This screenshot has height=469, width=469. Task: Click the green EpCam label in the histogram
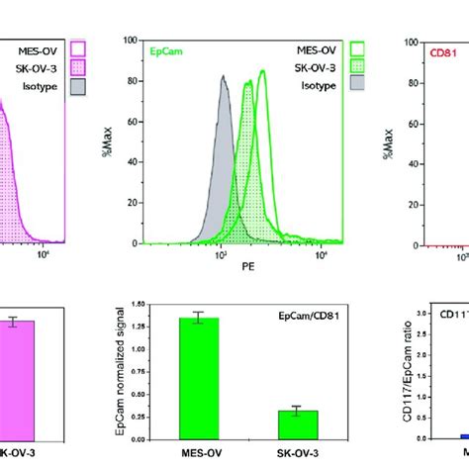(164, 46)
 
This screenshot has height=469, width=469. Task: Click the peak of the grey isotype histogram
(224, 75)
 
